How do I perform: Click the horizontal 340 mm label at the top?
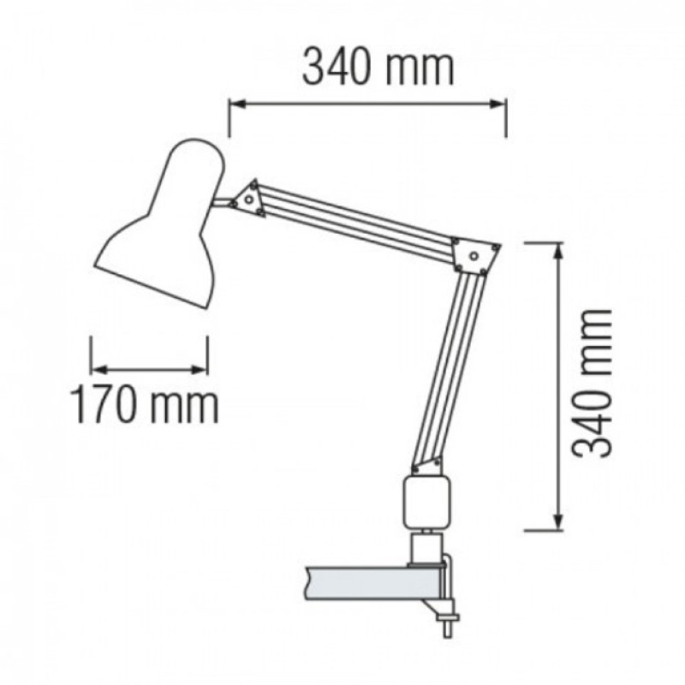[x=377, y=67]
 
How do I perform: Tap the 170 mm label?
[x=143, y=406]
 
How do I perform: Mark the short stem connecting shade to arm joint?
[x=224, y=204]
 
